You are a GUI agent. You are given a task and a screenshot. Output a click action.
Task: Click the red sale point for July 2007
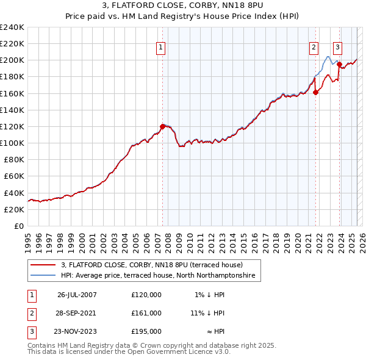click(x=163, y=126)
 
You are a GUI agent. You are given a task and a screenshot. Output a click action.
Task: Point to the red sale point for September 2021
click(x=316, y=93)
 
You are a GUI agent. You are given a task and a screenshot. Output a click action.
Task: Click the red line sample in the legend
click(x=43, y=265)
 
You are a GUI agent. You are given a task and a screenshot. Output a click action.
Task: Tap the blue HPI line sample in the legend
click(x=43, y=276)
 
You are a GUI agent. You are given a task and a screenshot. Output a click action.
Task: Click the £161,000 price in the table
click(x=146, y=312)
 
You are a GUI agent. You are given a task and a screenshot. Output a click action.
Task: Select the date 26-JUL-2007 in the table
click(x=77, y=295)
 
